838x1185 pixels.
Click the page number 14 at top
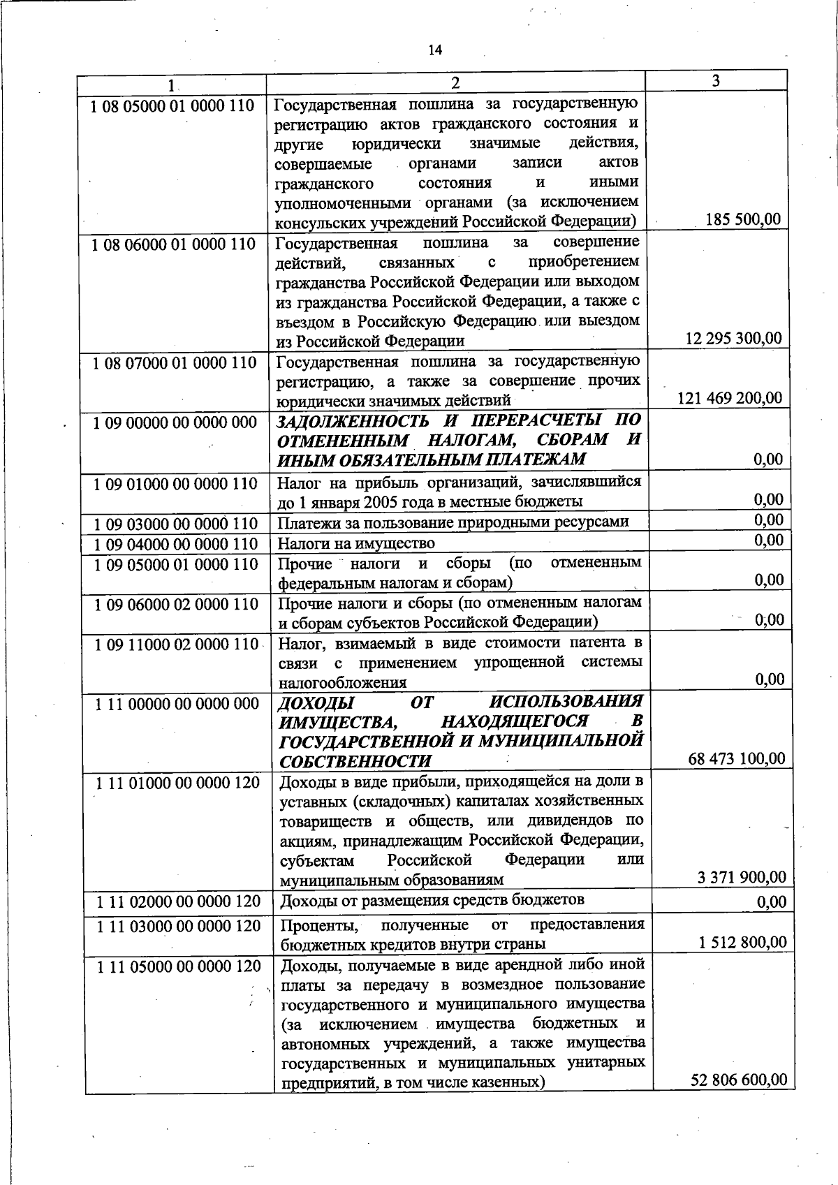(435, 50)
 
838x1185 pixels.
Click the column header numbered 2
(455, 83)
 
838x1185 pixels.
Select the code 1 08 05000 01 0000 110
(172, 106)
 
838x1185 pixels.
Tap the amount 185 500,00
(743, 219)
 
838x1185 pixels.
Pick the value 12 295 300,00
(733, 339)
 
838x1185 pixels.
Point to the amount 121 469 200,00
(730, 398)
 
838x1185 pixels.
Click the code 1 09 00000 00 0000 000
(175, 423)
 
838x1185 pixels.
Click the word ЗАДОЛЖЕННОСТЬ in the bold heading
(352, 421)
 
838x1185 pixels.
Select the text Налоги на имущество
(356, 543)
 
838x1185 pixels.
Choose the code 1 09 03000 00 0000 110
(175, 524)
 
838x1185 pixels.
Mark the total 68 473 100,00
(736, 758)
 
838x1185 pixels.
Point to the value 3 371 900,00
(742, 878)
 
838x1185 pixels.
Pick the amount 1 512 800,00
(742, 943)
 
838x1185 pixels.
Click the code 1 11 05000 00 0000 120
(178, 966)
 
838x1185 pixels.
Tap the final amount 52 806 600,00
(739, 1080)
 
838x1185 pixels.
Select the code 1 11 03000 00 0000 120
(178, 926)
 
